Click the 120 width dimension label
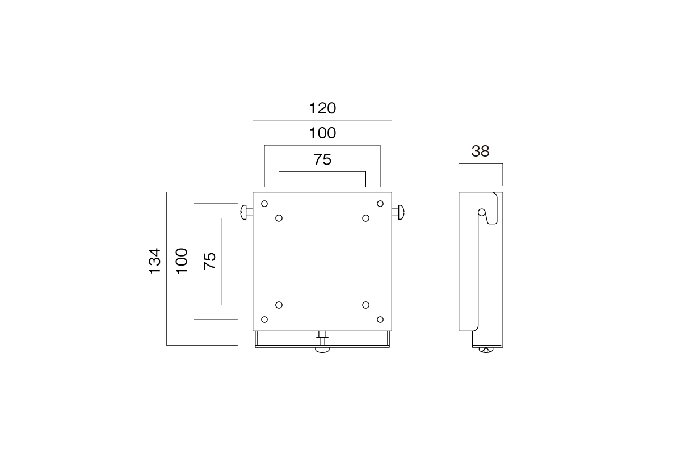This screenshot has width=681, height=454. tap(322, 108)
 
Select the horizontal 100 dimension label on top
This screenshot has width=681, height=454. tap(322, 133)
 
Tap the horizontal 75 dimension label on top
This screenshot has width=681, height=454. tap(322, 159)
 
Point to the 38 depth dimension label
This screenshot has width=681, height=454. tap(480, 151)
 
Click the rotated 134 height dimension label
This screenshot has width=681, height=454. tap(155, 261)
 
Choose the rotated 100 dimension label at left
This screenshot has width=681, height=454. tap(182, 261)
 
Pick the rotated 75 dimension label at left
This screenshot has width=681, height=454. tap(210, 261)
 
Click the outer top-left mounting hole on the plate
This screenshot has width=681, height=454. tap(264, 204)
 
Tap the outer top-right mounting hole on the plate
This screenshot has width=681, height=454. tap(380, 204)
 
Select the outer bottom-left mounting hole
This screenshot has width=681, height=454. tap(264, 320)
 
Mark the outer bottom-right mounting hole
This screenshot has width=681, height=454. tap(380, 320)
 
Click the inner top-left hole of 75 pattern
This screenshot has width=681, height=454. tap(279, 218)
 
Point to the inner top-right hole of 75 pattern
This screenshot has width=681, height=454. tap(365, 218)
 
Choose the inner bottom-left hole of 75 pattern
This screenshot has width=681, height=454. tap(279, 305)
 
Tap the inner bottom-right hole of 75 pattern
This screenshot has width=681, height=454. tap(365, 305)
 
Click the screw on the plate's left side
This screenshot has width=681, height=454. tap(246, 212)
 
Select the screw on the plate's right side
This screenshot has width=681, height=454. tap(398, 212)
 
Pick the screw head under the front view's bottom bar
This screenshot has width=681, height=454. tap(322, 350)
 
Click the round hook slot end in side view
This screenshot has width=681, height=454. tap(482, 212)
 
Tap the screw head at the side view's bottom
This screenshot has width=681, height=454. tap(486, 350)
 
